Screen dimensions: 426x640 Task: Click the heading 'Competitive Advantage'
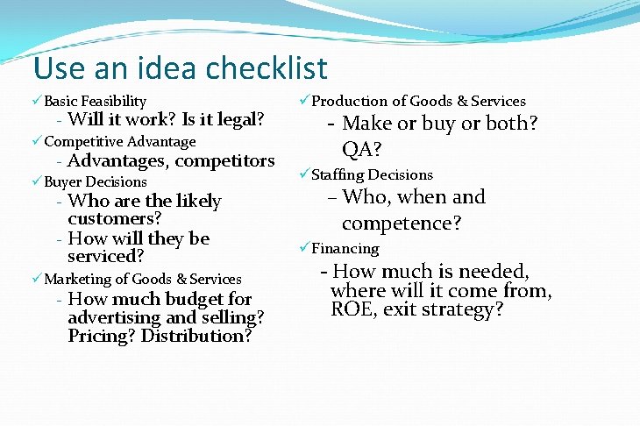[119, 141]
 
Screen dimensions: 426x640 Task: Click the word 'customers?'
[114, 219]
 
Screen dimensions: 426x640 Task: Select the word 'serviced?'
[106, 257]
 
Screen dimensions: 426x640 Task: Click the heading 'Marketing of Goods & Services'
[142, 279]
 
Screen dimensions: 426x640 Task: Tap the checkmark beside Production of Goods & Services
[304, 102]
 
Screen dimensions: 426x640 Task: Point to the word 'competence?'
[402, 224]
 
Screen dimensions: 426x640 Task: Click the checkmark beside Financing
[304, 248]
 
